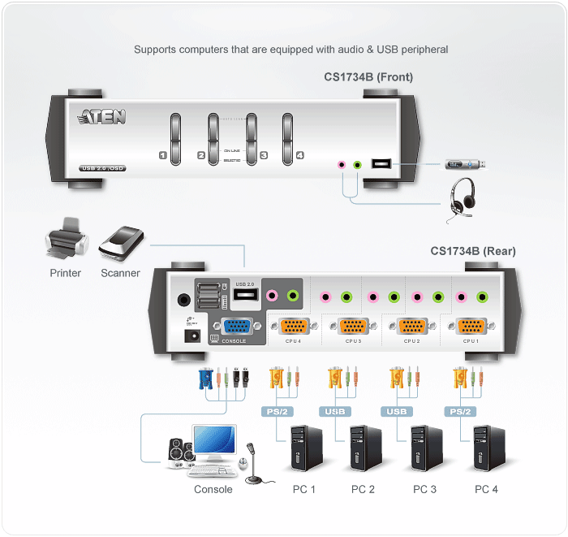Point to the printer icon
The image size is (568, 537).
click(x=65, y=239)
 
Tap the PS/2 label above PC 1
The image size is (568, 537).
click(x=277, y=411)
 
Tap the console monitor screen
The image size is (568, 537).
click(x=213, y=442)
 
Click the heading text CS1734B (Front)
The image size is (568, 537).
click(x=368, y=77)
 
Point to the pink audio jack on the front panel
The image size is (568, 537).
click(x=342, y=164)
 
